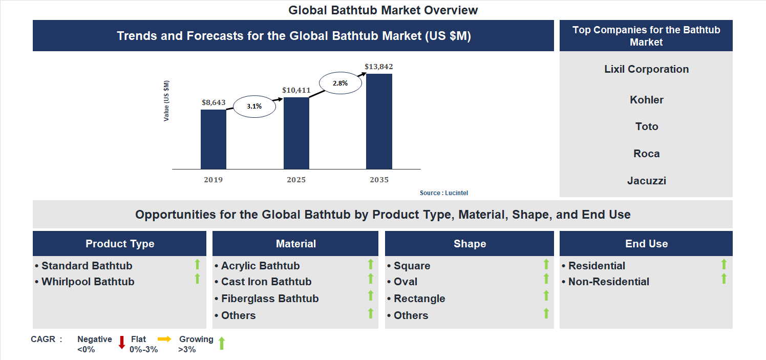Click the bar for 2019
pyautogui.click(x=214, y=139)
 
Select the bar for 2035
pyautogui.click(x=379, y=121)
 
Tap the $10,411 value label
pyautogui.click(x=296, y=90)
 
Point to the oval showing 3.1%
pyautogui.click(x=254, y=107)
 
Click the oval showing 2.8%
pyautogui.click(x=340, y=83)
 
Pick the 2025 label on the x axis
pyautogui.click(x=296, y=180)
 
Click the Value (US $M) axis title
pyautogui.click(x=166, y=101)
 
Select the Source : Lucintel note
pyautogui.click(x=444, y=193)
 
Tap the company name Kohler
pyautogui.click(x=646, y=100)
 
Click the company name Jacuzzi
pyautogui.click(x=646, y=181)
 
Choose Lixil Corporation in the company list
pyautogui.click(x=646, y=69)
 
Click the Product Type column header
pyautogui.click(x=120, y=244)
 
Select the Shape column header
pyautogui.click(x=470, y=244)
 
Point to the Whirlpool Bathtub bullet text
pyautogui.click(x=88, y=282)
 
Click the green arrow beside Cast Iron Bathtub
pyautogui.click(x=371, y=279)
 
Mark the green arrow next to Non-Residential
pyautogui.click(x=724, y=279)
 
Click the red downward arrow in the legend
pyautogui.click(x=122, y=343)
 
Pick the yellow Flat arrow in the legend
pyautogui.click(x=164, y=339)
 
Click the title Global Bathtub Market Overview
pyautogui.click(x=383, y=10)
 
